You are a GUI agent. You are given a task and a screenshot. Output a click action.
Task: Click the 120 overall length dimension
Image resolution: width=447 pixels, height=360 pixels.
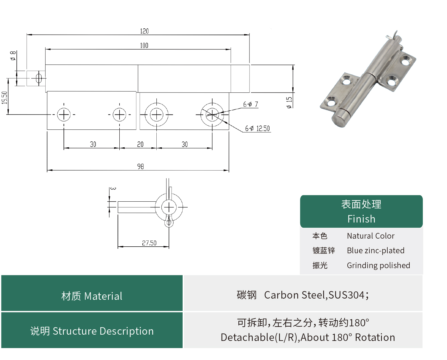[x=144, y=31]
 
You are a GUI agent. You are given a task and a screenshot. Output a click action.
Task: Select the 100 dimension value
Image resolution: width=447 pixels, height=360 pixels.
[x=144, y=45]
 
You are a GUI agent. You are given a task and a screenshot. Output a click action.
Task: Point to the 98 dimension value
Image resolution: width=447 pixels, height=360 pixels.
[x=141, y=166]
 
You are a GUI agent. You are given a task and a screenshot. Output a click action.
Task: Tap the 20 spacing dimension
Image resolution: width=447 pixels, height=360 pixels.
[x=140, y=144]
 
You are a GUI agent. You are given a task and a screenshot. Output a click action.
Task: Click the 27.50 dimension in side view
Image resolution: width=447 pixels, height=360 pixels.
[x=149, y=243]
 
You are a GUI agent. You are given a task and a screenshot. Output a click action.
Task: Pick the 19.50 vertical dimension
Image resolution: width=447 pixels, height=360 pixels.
[x=4, y=98]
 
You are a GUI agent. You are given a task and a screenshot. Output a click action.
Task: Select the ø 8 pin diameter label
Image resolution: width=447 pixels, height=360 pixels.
[x=13, y=55]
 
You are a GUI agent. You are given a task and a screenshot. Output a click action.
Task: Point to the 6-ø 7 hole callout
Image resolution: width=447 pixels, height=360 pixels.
[x=251, y=104]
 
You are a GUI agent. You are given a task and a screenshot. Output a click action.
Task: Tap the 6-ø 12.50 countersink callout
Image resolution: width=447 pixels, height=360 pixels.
[x=257, y=129]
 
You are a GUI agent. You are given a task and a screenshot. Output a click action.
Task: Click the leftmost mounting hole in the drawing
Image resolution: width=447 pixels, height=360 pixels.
[x=64, y=115]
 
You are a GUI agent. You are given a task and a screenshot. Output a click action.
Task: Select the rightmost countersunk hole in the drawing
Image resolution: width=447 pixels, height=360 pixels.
[x=212, y=115]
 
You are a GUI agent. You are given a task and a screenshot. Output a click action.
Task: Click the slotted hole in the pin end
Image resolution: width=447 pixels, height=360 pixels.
[x=38, y=78]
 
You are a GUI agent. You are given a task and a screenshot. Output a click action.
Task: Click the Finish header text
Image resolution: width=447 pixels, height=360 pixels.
[x=361, y=219]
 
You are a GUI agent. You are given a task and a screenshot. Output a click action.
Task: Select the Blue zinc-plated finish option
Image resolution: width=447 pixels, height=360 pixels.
[x=375, y=251]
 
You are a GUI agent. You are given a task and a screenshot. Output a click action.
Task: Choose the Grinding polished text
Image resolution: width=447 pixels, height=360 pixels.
[x=378, y=265]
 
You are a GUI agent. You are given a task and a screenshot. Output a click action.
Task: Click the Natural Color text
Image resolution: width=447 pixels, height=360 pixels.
[x=371, y=236]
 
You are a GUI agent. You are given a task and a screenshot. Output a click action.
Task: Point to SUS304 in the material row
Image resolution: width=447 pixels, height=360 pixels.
[x=346, y=295]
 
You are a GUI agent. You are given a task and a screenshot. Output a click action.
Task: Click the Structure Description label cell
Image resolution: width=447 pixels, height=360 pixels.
[x=92, y=331]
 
